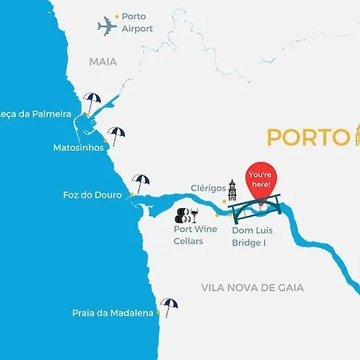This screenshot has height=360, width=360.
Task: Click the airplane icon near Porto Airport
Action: pyautogui.click(x=107, y=26)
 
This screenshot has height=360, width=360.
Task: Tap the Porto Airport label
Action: pyautogui.click(x=138, y=22)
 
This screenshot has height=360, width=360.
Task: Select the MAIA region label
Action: pyautogui.click(x=102, y=61)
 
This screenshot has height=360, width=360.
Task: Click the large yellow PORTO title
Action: pyautogui.click(x=304, y=137)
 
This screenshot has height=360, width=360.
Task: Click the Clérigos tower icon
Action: pyautogui.click(x=232, y=190)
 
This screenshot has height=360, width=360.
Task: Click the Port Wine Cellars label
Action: pyautogui.click(x=195, y=234)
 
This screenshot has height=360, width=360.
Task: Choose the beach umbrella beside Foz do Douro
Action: pyautogui.click(x=142, y=183)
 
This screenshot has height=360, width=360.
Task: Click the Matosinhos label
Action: pyautogui.click(x=78, y=148)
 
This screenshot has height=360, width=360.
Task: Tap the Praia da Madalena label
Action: pyautogui.click(x=112, y=314)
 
